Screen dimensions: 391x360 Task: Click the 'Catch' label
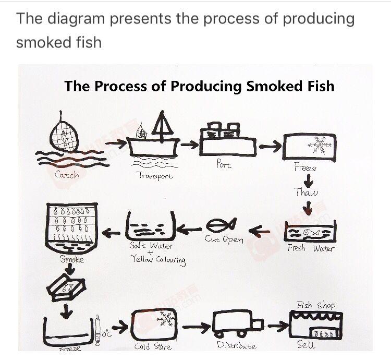tap(68, 175)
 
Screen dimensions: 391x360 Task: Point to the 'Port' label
tap(224, 164)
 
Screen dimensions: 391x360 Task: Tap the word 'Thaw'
tap(307, 192)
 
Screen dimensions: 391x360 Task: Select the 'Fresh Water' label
tap(311, 248)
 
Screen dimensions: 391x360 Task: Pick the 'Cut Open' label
tap(224, 239)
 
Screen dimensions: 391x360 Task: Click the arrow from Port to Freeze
tap(270, 148)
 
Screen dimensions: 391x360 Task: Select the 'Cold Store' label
tap(153, 346)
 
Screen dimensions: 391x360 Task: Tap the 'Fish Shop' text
tap(316, 305)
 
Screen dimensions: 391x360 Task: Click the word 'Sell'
tap(306, 345)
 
